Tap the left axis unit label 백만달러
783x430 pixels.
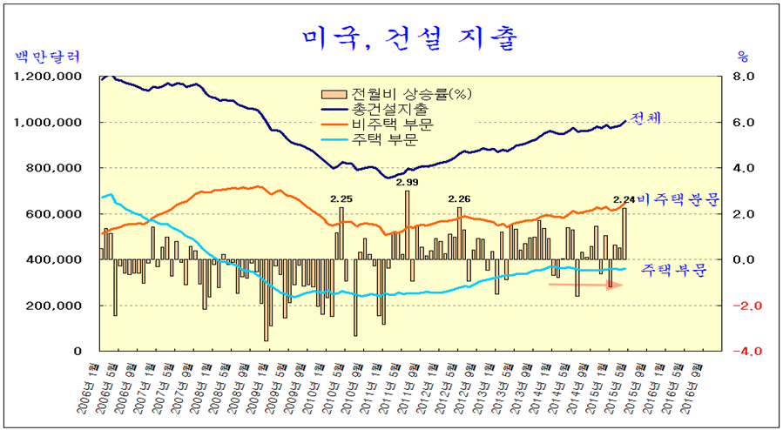(48, 57)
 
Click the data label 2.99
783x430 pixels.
(407, 183)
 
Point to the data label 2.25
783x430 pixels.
(341, 199)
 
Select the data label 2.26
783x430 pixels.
(458, 199)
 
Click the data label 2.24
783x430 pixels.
(624, 199)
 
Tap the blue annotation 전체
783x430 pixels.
(645, 118)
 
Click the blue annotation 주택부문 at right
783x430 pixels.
(674, 271)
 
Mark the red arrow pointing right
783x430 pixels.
(585, 285)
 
